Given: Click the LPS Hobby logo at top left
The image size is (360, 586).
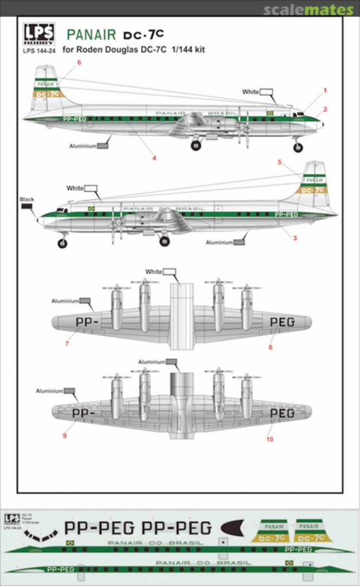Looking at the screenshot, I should pyautogui.click(x=38, y=34).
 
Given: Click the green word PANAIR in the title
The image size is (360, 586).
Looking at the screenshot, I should pyautogui.click(x=91, y=35).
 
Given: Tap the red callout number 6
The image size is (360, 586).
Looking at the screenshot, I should pyautogui.click(x=79, y=63).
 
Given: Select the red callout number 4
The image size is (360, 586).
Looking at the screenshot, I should pyautogui.click(x=154, y=158).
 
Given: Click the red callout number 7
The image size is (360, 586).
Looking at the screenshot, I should pyautogui.click(x=66, y=344).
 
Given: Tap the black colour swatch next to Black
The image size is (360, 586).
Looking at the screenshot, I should pyautogui.click(x=27, y=208).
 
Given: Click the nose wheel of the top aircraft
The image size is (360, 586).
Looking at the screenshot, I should pyautogui.click(x=298, y=148).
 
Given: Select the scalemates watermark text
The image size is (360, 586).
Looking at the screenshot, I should pyautogui.click(x=308, y=10).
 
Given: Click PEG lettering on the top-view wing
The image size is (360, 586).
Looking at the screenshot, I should pyautogui.click(x=282, y=322).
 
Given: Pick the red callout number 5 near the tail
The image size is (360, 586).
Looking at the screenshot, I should pyautogui.click(x=280, y=162).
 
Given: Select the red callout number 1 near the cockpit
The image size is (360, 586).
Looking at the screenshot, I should pyautogui.click(x=325, y=90).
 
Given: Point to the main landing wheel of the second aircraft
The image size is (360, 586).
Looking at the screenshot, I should pyautogui.click(x=165, y=241).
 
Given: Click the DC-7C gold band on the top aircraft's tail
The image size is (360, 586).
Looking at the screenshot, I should pyautogui.click(x=48, y=94).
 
